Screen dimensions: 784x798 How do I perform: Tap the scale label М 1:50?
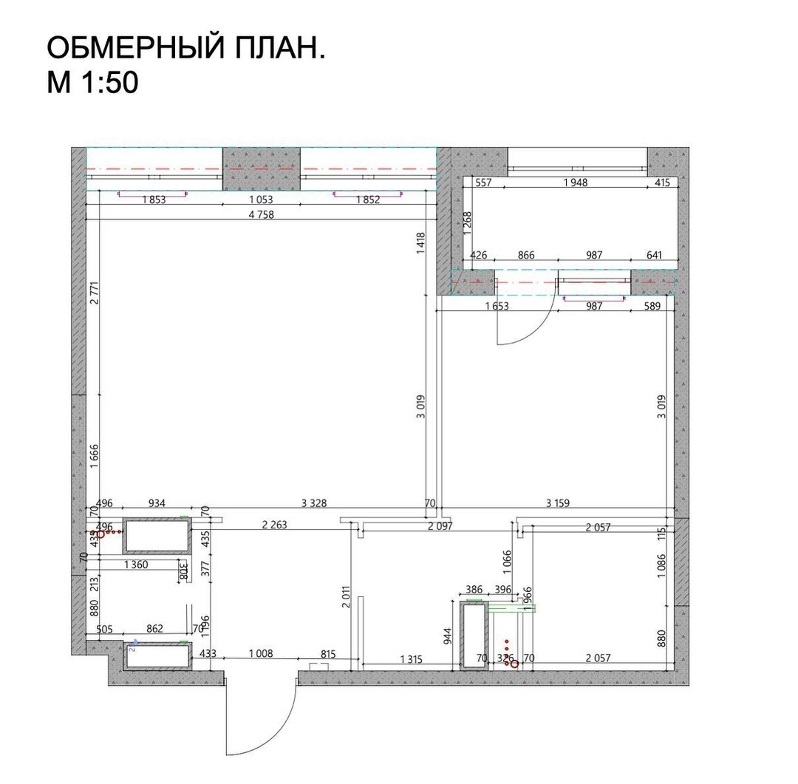pos(93,83)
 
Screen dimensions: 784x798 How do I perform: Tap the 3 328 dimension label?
pos(314,504)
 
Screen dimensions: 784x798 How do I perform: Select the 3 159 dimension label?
pos(558,504)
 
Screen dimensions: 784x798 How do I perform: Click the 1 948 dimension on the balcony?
pos(575,183)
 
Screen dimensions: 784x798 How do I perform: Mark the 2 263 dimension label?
pos(275,526)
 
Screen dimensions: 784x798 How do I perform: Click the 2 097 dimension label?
pos(440,526)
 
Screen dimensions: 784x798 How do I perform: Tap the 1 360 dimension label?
pos(134,565)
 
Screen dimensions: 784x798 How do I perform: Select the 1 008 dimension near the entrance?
pos(260,653)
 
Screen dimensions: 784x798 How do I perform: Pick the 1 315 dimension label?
pos(411,659)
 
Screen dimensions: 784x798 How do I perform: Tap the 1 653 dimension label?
pos(497,307)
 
